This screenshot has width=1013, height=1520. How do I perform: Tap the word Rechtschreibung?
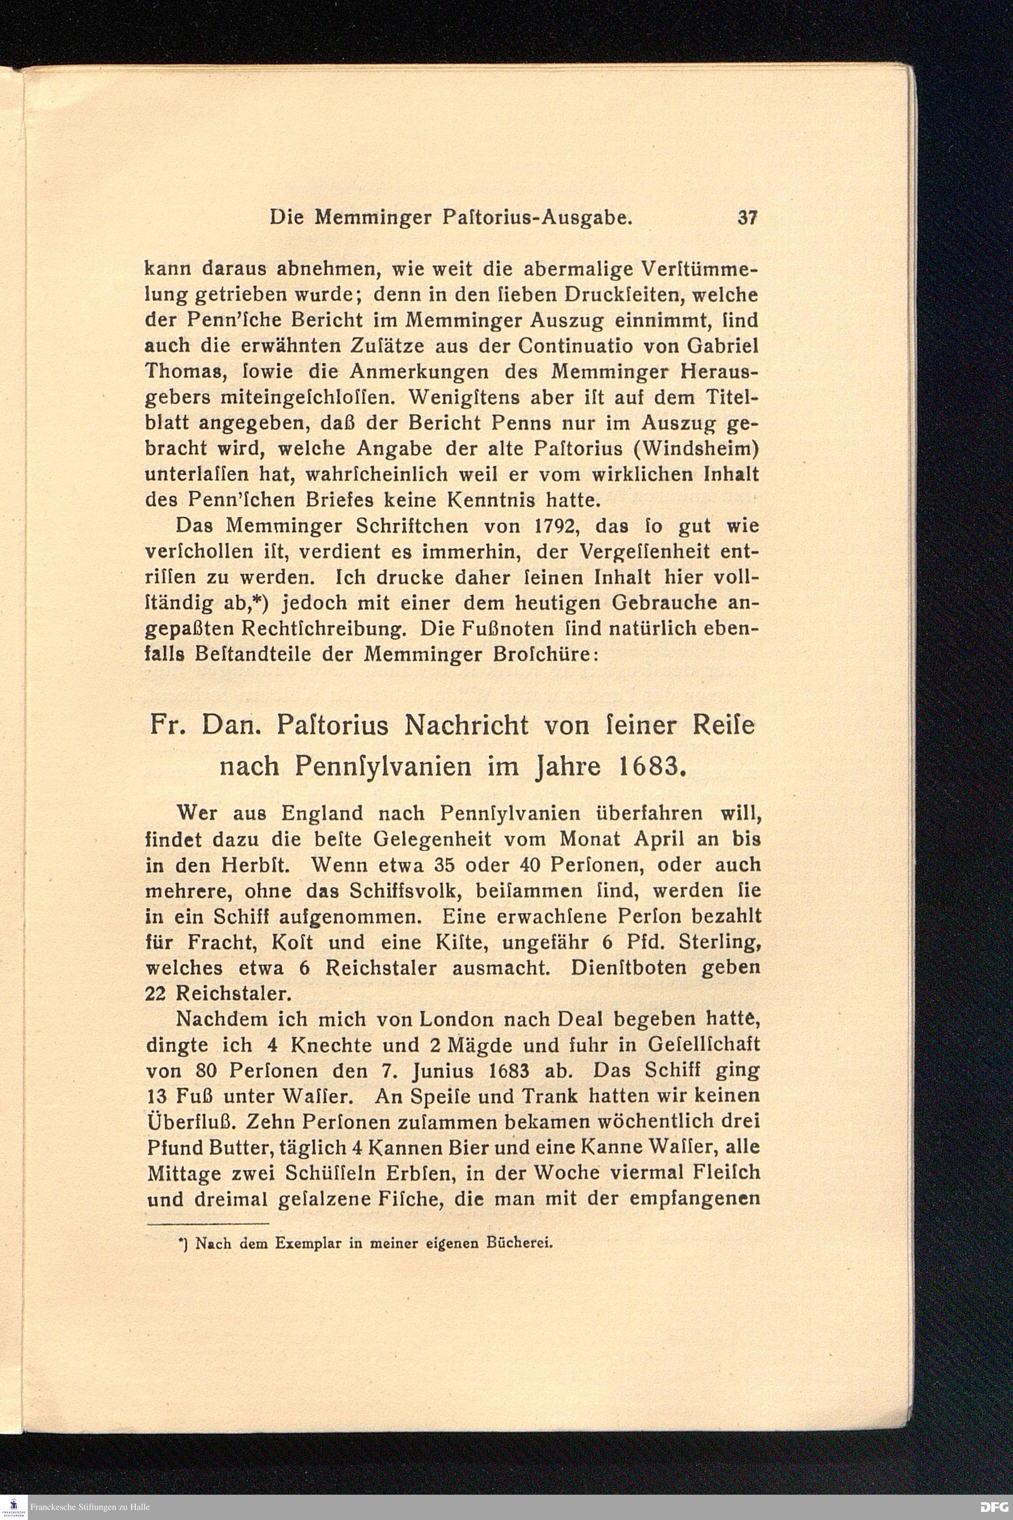point(322,629)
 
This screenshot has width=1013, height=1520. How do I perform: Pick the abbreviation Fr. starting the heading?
point(167,725)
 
